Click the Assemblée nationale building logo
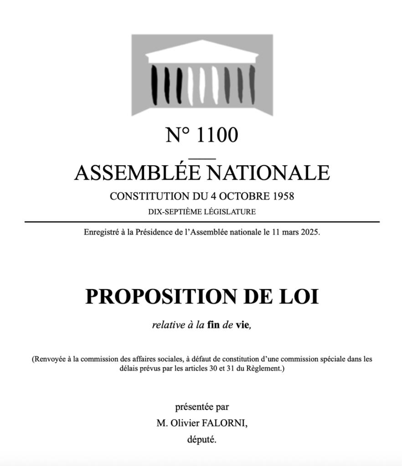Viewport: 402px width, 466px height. pyautogui.click(x=202, y=75)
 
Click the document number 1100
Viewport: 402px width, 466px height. pyautogui.click(x=217, y=135)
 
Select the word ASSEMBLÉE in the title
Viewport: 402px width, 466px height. pyautogui.click(x=137, y=173)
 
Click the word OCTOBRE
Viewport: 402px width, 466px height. pyautogui.click(x=244, y=197)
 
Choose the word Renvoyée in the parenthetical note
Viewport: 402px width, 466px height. pyautogui.click(x=50, y=359)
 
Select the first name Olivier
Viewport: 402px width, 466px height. pyautogui.click(x=185, y=423)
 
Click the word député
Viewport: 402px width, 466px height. pyautogui.click(x=202, y=440)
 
